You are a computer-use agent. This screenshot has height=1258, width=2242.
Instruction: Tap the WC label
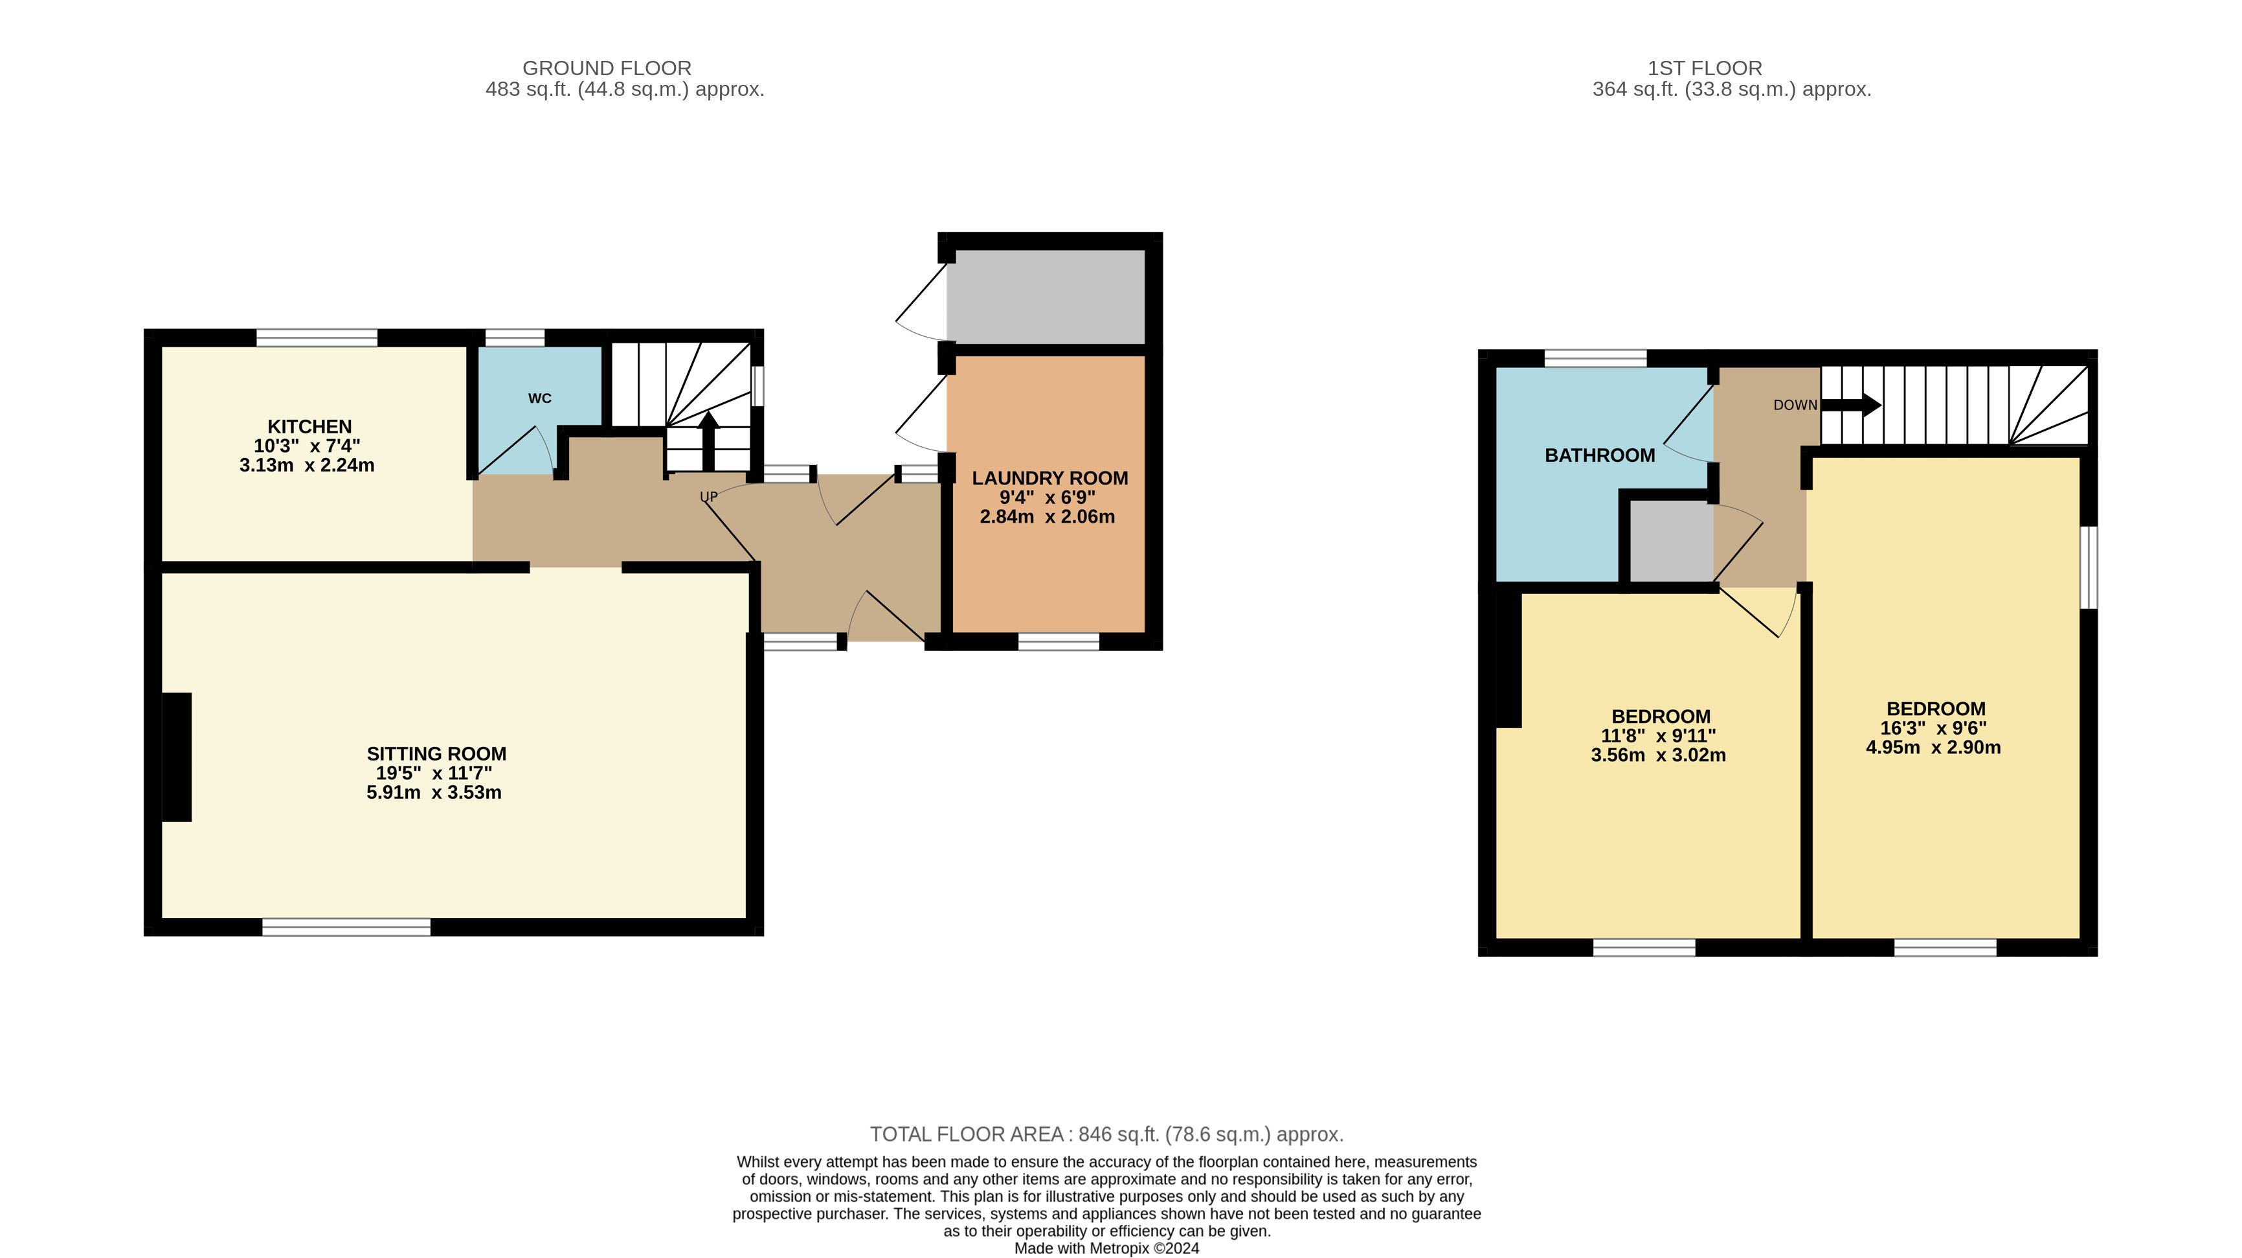(539, 399)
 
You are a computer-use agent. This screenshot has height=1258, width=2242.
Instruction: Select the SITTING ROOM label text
(436, 754)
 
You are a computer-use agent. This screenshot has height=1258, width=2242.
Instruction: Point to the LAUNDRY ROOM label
(1049, 478)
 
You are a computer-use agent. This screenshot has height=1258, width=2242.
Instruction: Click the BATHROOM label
(1600, 455)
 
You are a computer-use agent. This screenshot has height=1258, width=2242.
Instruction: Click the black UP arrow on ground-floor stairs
(708, 440)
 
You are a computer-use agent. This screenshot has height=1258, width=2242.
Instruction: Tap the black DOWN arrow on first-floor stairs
(1851, 405)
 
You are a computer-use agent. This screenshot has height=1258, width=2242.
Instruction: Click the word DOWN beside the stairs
(1795, 405)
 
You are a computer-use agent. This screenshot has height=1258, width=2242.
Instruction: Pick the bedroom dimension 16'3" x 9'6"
(1933, 728)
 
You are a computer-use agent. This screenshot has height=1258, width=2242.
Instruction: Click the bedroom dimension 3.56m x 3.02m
(1658, 755)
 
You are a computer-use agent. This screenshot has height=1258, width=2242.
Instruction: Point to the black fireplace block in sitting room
(177, 757)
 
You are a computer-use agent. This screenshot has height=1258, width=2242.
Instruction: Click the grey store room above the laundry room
(1046, 297)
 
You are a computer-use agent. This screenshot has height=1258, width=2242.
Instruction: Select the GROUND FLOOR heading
(607, 68)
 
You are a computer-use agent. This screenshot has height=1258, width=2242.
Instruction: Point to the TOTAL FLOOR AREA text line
(1107, 1134)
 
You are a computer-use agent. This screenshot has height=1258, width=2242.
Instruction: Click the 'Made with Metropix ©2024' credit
(1107, 1248)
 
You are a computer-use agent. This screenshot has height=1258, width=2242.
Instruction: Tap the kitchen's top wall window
(317, 337)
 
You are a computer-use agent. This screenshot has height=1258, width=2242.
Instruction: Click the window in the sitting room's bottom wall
(346, 927)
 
